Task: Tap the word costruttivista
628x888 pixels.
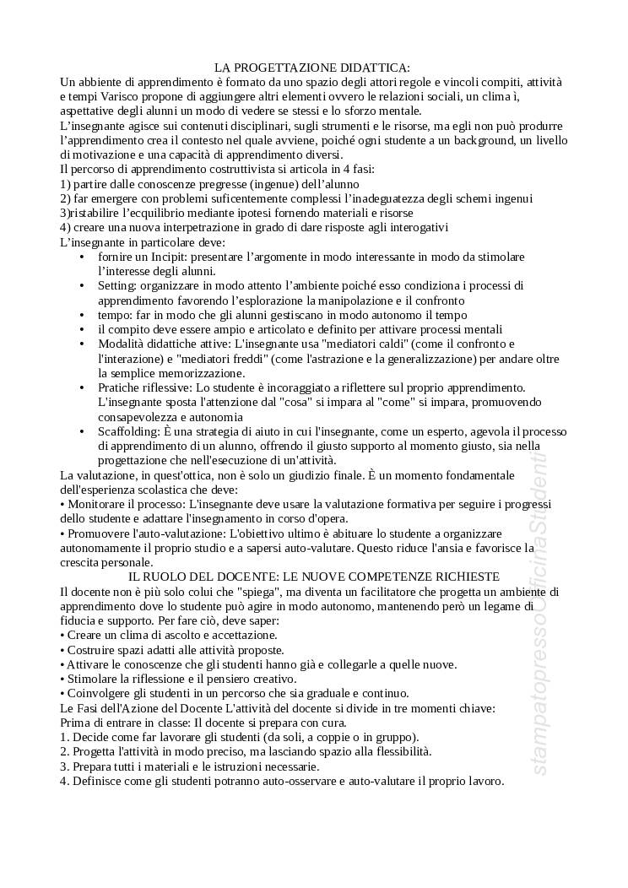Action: pos(225,169)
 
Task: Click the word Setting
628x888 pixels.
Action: pos(116,285)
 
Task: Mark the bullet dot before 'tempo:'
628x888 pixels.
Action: pos(82,315)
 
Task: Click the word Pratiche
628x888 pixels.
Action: pos(120,387)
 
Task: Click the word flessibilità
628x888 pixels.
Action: pos(398,751)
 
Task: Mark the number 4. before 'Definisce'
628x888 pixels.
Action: pos(64,781)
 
